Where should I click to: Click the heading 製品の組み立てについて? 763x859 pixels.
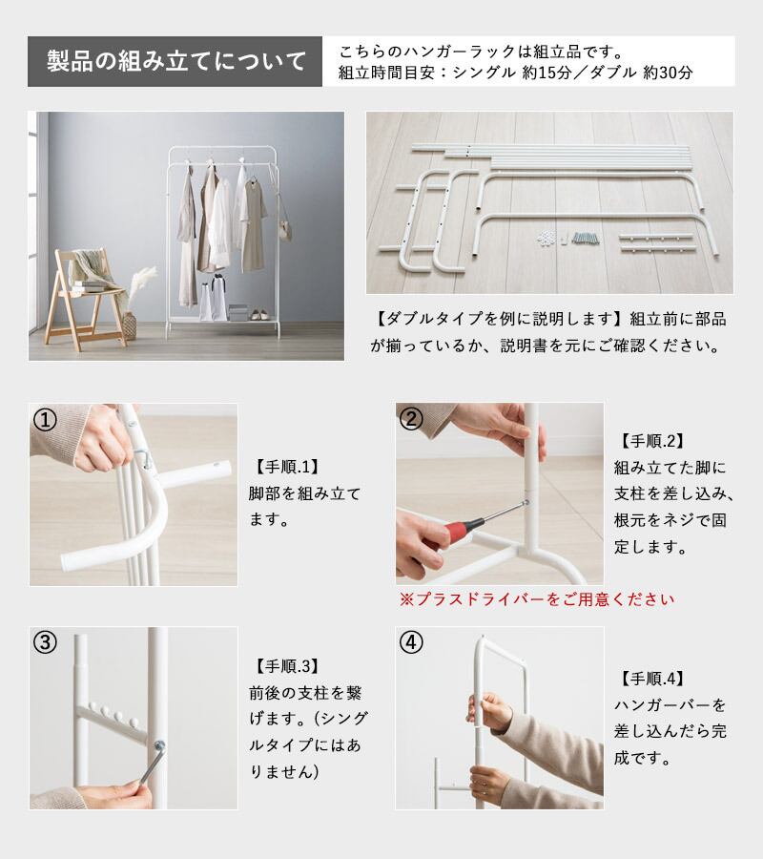[x=175, y=61]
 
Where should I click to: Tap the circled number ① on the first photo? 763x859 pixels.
[x=45, y=420]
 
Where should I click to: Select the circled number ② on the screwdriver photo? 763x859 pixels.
[x=411, y=419]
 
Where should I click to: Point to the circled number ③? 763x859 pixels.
[x=45, y=642]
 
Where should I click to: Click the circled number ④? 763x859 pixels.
[x=411, y=642]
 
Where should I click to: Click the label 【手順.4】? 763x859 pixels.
[x=652, y=679]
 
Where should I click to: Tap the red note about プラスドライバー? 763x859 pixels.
[x=537, y=599]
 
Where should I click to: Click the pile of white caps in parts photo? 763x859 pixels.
[x=546, y=238]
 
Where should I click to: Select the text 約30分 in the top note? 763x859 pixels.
[x=668, y=73]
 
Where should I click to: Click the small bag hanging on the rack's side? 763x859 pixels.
[x=285, y=230]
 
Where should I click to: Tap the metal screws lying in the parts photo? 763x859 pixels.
[x=585, y=239]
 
